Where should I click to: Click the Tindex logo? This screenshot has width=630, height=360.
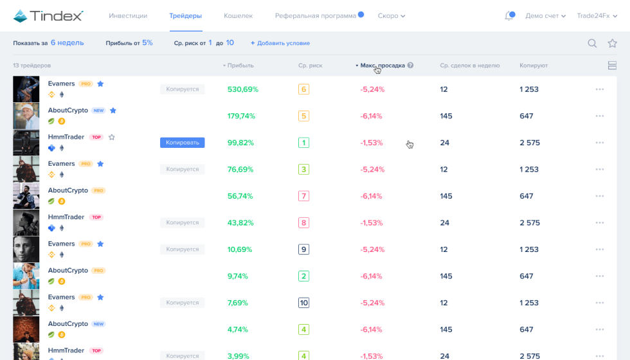(x=48, y=15)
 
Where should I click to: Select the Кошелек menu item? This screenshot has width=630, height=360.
(x=238, y=15)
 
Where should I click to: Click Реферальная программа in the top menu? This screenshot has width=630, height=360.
(x=316, y=15)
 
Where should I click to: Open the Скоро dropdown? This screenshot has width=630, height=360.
(x=391, y=15)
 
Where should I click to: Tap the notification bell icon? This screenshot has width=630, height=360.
(x=510, y=15)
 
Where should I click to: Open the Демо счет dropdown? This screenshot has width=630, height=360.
(x=545, y=15)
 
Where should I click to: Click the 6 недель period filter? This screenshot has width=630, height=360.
(x=67, y=43)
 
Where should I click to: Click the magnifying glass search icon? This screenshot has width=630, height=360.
(x=593, y=43)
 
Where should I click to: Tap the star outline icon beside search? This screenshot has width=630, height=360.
(x=612, y=43)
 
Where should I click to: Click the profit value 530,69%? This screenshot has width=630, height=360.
(x=243, y=89)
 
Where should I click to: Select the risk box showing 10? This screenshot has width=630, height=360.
(x=304, y=303)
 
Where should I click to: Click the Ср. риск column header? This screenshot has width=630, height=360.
(x=310, y=66)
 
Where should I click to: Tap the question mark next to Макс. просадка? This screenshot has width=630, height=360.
(x=410, y=66)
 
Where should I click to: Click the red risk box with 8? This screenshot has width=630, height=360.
(x=304, y=222)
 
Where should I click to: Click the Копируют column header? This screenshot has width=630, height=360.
(x=534, y=66)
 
